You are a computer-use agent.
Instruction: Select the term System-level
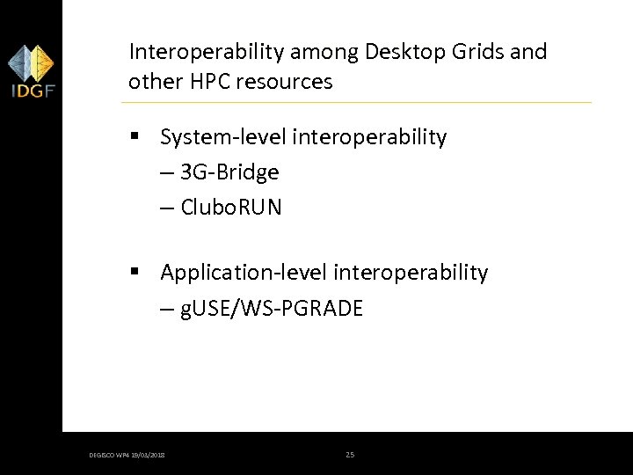point(223,137)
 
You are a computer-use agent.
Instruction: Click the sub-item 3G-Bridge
point(229,172)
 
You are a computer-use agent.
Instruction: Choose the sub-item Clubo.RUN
point(230,208)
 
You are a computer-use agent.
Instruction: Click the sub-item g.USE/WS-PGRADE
point(272,308)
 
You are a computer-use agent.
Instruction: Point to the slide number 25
point(350,455)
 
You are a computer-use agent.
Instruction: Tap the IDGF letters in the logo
point(31,90)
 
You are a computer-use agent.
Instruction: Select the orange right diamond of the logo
point(41,62)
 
